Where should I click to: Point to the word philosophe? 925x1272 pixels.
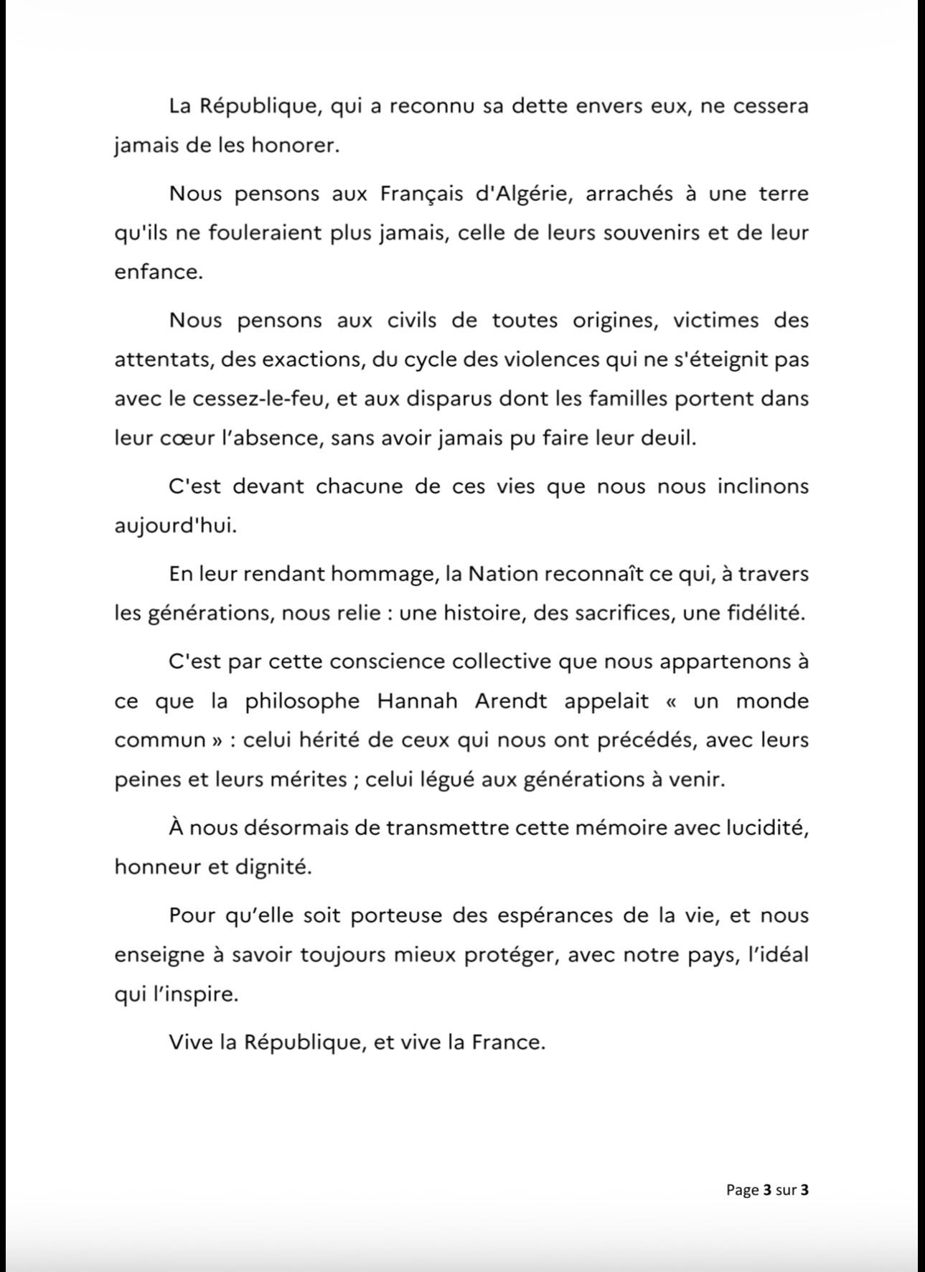[302, 702]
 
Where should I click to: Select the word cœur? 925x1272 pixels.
[181, 438]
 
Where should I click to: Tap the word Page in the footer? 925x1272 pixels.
[742, 1189]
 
